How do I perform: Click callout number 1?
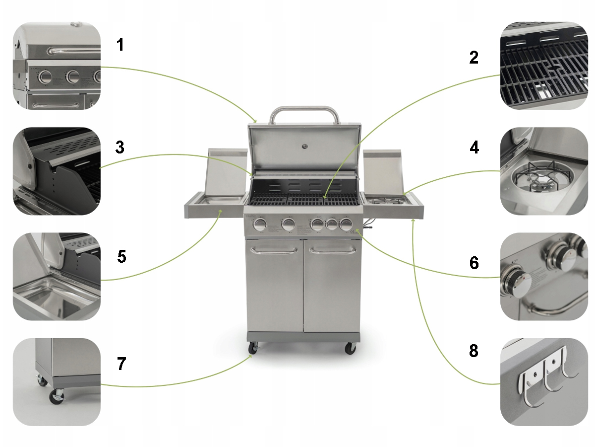(120, 45)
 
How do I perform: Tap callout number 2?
(474, 58)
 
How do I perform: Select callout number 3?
(120, 148)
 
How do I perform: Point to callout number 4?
(474, 148)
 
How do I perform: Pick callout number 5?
(121, 256)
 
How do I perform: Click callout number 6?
(474, 263)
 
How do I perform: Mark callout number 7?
(121, 364)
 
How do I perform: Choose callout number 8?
(474, 351)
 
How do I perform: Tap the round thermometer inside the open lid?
(305, 147)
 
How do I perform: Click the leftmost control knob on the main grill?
(260, 224)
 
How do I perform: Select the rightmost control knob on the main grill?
(346, 224)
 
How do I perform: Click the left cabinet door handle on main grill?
(274, 250)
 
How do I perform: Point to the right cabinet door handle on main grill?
(333, 250)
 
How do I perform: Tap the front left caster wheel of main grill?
(253, 349)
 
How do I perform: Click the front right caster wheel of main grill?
(350, 349)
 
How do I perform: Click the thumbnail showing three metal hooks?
(544, 382)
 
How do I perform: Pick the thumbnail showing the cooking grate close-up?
(544, 66)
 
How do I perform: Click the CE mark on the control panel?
(353, 232)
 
